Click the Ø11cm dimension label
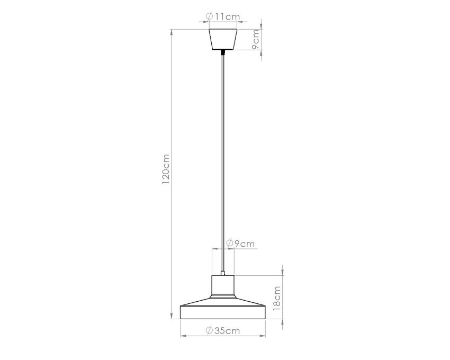click(223, 16)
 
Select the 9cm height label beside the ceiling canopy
click(255, 39)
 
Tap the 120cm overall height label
click(166, 169)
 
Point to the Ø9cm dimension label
click(240, 244)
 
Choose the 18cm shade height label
click(276, 298)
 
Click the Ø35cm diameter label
click(223, 330)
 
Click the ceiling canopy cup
click(223, 39)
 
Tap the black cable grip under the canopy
click(223, 52)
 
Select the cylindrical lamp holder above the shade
click(223, 285)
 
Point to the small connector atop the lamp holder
click(223, 273)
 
